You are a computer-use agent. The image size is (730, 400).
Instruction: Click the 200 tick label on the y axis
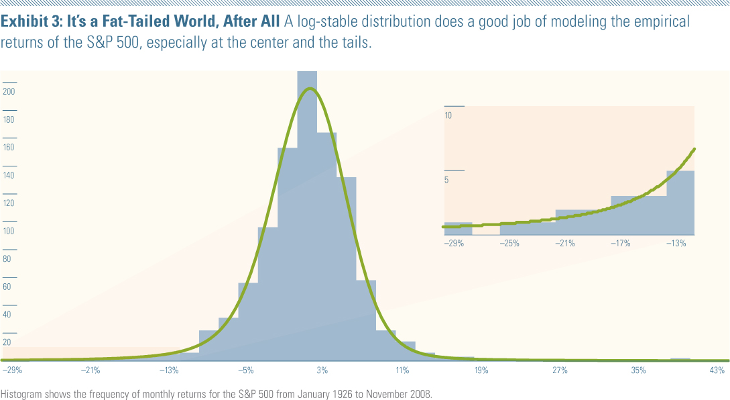(x=9, y=92)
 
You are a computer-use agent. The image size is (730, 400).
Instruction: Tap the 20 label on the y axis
(x=7, y=342)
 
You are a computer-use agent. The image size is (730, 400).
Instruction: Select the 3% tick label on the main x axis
(x=322, y=370)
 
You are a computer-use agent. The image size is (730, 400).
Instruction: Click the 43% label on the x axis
(x=717, y=370)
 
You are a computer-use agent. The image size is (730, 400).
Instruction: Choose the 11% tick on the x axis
(x=402, y=370)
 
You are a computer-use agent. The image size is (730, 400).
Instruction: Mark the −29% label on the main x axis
(x=11, y=370)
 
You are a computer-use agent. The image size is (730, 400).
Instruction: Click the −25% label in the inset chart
(x=509, y=243)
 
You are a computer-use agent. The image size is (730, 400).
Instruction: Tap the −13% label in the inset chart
(x=676, y=243)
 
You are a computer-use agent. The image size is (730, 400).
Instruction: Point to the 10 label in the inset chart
(x=448, y=115)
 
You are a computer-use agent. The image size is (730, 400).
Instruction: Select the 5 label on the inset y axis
(x=446, y=180)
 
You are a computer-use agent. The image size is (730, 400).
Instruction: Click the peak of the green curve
(x=308, y=89)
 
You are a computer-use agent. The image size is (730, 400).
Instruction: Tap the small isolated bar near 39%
(x=680, y=359)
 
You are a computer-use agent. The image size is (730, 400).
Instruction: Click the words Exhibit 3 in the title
(x=29, y=21)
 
